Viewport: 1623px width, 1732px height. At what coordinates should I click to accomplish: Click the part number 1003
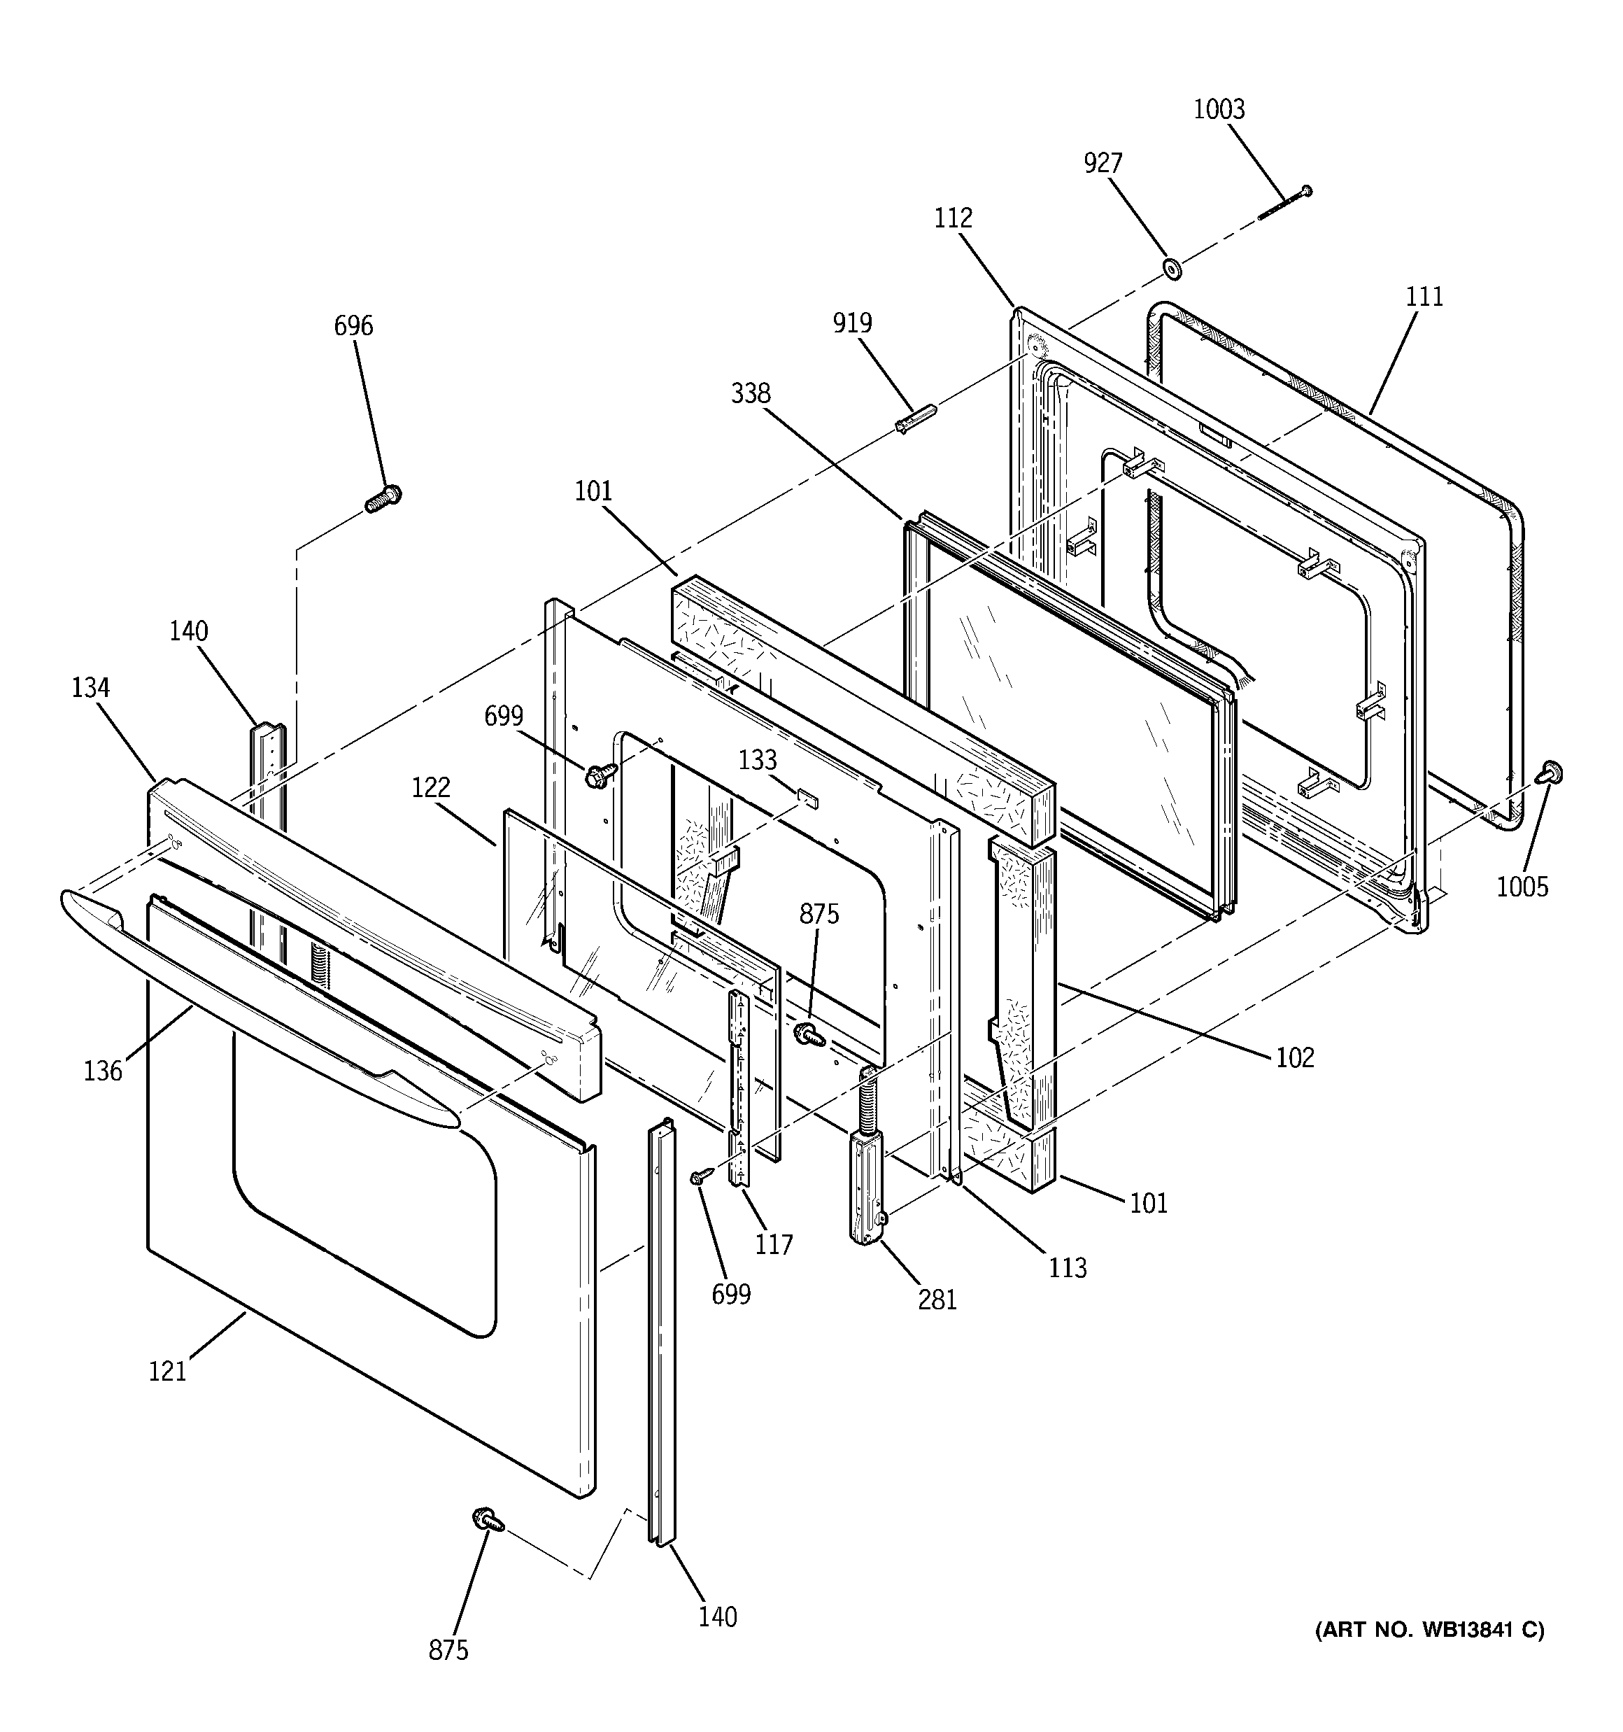(1219, 110)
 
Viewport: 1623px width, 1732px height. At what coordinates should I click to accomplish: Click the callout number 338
(750, 394)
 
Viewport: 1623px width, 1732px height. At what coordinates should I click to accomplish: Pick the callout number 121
(167, 1372)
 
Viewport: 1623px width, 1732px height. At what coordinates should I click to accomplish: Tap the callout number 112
(953, 218)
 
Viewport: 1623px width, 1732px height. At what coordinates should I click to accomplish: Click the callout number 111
(1424, 297)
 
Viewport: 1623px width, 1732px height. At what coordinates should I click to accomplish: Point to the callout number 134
(91, 689)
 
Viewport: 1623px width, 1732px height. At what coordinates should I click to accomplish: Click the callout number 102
(1295, 1057)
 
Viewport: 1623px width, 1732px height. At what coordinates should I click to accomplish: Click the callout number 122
(430, 787)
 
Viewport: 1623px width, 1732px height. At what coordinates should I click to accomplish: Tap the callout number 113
(1067, 1267)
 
